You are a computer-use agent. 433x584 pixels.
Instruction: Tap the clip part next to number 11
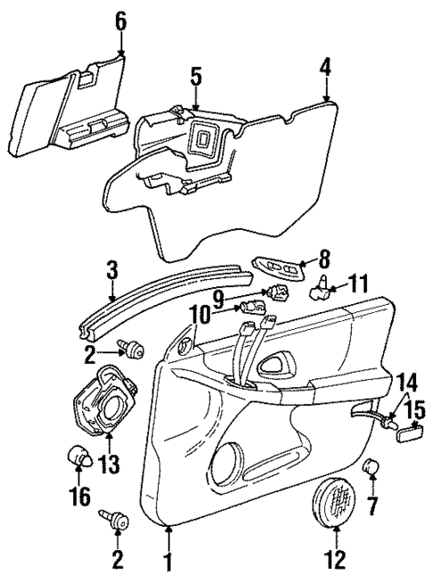click(321, 289)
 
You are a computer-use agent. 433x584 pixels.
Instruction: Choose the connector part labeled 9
click(275, 292)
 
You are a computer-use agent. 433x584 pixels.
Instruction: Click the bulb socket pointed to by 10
click(249, 309)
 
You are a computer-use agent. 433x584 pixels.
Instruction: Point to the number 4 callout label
click(326, 65)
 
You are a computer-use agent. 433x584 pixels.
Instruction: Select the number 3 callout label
click(111, 267)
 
